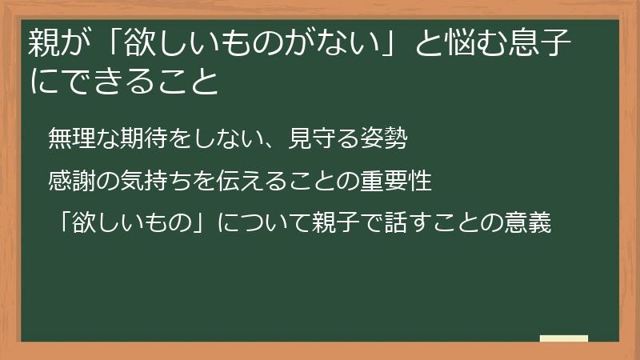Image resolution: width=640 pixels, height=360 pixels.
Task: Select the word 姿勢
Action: (391, 138)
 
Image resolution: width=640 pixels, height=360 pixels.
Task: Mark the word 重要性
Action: (402, 181)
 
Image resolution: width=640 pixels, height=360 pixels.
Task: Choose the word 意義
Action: (535, 223)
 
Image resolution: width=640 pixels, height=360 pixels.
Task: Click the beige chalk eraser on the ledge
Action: (563, 339)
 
